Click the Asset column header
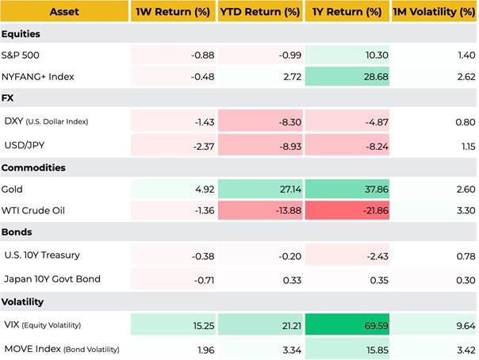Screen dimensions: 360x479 [x=65, y=12]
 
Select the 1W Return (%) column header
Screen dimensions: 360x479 [x=173, y=12]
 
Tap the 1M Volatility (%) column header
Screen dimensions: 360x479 [x=435, y=12]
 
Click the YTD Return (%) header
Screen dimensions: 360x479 [x=259, y=12]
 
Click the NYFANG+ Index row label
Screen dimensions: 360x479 [x=38, y=79]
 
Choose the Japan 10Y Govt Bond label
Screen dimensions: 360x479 [x=50, y=278]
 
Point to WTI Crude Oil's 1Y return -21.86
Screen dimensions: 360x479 [x=369, y=212]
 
